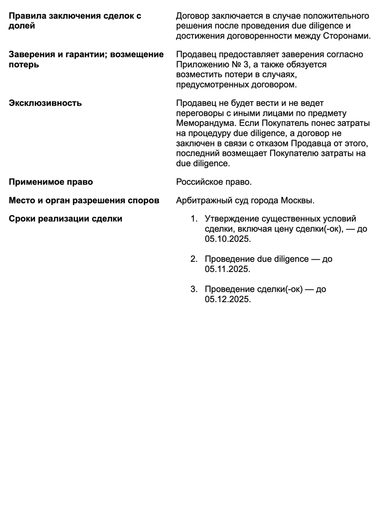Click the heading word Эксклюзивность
(x=45, y=103)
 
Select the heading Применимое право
(x=51, y=182)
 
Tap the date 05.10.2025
(x=227, y=239)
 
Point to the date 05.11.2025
(x=227, y=269)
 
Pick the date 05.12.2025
(x=227, y=299)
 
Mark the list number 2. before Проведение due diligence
(x=194, y=259)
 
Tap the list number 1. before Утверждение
(x=194, y=218)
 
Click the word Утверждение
(x=231, y=218)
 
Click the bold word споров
(x=144, y=200)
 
